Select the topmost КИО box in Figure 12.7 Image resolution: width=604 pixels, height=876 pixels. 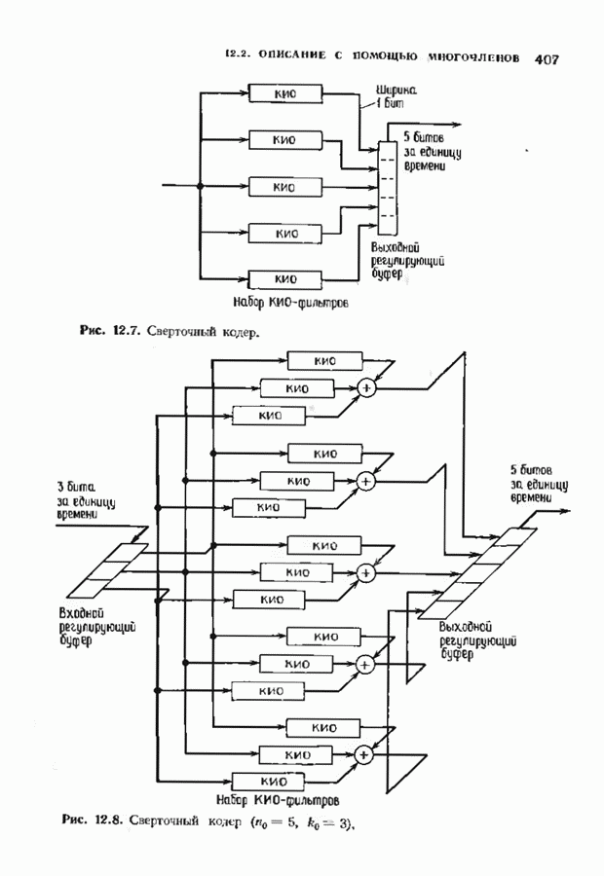[284, 93]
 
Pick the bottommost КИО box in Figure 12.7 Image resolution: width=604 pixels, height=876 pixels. [284, 279]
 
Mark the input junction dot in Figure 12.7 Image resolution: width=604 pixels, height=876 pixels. [199, 186]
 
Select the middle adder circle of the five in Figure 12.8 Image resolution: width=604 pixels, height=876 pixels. [367, 572]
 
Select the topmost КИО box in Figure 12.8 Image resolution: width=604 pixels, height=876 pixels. [323, 361]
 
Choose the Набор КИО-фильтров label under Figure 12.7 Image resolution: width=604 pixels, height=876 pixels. [291, 302]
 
